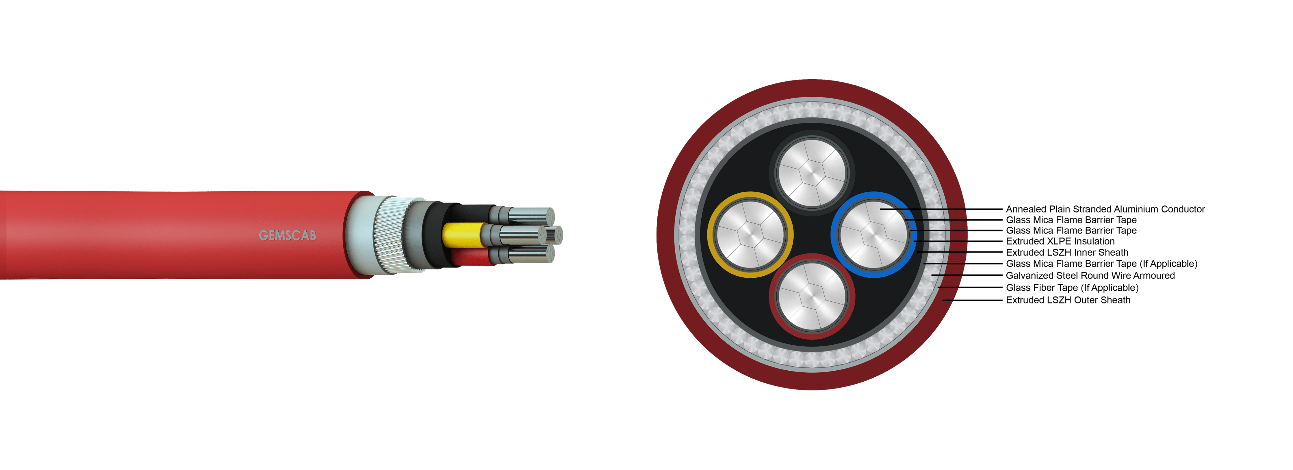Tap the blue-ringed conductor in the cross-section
tap(874, 235)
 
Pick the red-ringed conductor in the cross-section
tap(812, 296)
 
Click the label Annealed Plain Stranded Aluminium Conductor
tap(1105, 209)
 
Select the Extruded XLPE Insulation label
tap(1060, 241)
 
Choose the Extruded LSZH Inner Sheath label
tap(1067, 252)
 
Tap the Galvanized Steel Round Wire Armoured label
tap(1090, 275)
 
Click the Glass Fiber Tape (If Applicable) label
tap(1072, 287)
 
